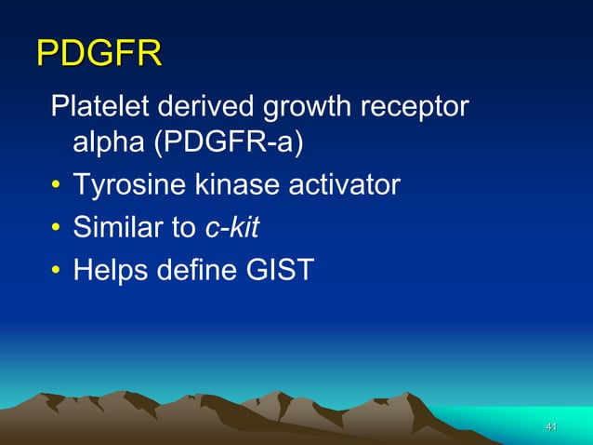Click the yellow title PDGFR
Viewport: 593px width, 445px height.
[99, 53]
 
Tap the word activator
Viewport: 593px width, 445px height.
[342, 186]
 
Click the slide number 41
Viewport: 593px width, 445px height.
[551, 426]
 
